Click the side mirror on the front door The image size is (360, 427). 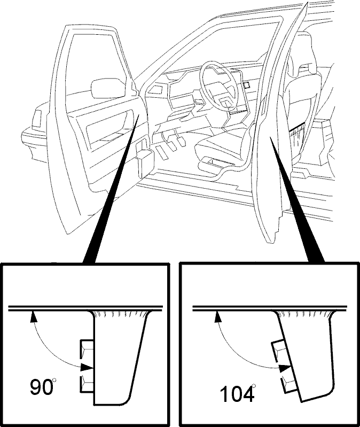pyautogui.click(x=109, y=88)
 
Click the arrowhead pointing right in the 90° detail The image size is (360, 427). pyautogui.click(x=87, y=367)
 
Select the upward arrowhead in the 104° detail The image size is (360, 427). pyautogui.click(x=217, y=316)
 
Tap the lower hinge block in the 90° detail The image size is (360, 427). pyautogui.click(x=87, y=384)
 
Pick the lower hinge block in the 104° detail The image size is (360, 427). pyautogui.click(x=288, y=384)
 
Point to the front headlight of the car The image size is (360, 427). pyautogui.click(x=37, y=119)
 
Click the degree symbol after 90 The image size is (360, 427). pyautogui.click(x=54, y=379)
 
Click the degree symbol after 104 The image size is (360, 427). pyautogui.click(x=254, y=385)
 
